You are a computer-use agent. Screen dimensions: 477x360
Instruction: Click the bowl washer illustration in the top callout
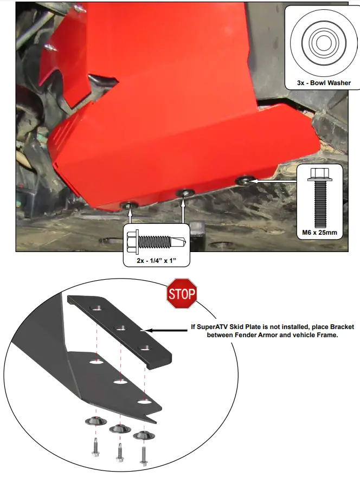[318, 42]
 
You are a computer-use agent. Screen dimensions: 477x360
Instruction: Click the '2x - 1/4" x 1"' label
[157, 261]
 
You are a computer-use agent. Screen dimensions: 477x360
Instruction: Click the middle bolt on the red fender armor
[186, 192]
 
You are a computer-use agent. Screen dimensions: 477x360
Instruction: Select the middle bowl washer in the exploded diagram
[119, 429]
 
